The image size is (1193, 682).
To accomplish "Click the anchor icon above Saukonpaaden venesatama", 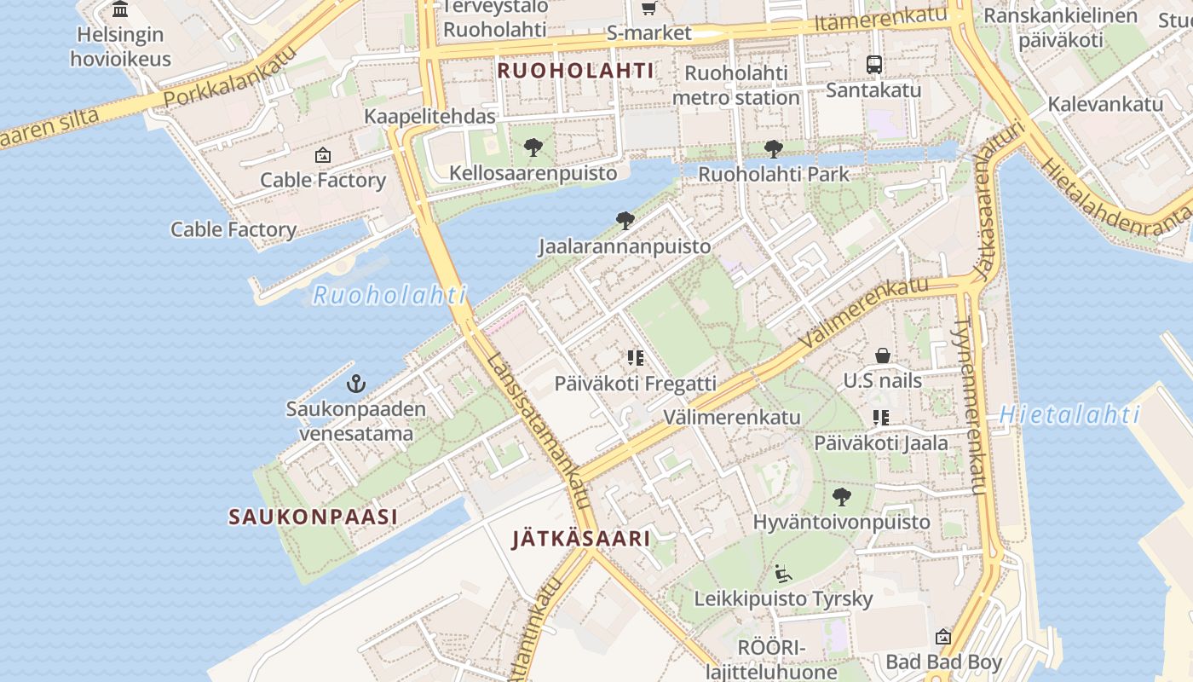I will (356, 384).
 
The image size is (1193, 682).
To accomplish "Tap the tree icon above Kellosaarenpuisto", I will (533, 147).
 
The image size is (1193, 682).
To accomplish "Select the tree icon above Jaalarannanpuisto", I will (625, 221).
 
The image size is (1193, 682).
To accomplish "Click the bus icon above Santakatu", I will (873, 64).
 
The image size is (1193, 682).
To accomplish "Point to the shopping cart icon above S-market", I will (648, 9).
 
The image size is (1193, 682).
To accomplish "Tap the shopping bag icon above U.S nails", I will (883, 355).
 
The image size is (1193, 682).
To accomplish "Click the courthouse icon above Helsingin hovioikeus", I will (120, 10).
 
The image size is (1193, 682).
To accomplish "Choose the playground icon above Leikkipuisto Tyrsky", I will (783, 573).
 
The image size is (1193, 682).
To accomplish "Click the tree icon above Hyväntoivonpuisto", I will (842, 496).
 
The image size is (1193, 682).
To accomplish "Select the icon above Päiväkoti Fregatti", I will (635, 358).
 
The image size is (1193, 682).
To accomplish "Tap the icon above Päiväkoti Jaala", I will (881, 418).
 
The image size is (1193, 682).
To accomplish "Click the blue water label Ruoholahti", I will (390, 296).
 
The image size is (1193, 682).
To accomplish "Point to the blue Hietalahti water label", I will (1069, 415).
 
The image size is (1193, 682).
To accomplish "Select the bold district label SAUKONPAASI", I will (313, 517).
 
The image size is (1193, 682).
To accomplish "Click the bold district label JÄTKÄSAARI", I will (581, 539).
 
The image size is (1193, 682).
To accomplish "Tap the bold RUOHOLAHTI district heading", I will (576, 71).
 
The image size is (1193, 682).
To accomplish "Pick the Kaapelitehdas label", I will (430, 116).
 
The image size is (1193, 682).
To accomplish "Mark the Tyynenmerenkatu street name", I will (971, 407).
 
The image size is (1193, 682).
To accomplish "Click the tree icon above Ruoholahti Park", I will (773, 149).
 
